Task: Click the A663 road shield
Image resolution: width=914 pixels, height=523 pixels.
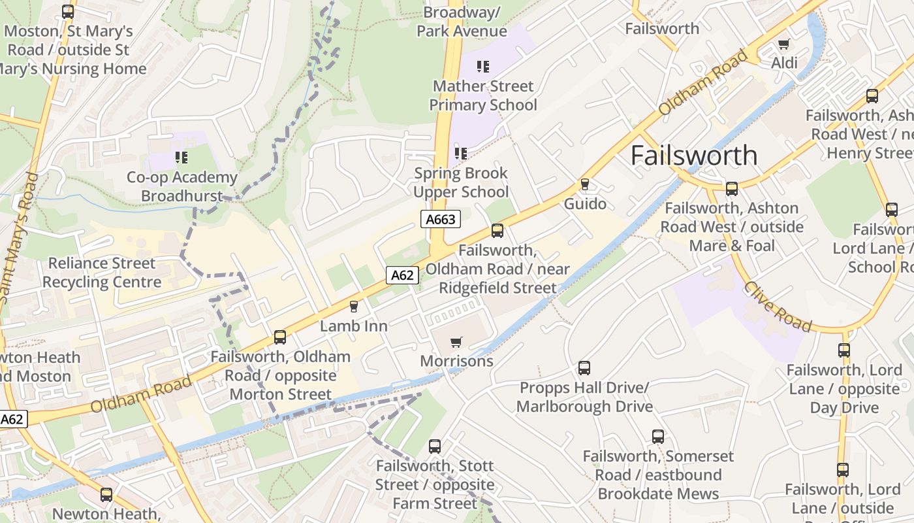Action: pyautogui.click(x=441, y=219)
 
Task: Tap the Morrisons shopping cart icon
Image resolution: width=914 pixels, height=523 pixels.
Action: pyautogui.click(x=456, y=342)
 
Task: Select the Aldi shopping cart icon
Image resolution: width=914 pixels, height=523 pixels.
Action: pyautogui.click(x=783, y=44)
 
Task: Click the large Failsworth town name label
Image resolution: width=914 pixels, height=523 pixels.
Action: pyautogui.click(x=694, y=156)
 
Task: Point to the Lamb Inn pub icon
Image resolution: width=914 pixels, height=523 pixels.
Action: pyautogui.click(x=354, y=307)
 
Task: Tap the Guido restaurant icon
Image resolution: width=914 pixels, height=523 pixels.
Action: pyautogui.click(x=585, y=184)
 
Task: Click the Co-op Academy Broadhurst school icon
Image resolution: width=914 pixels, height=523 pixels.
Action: pyautogui.click(x=181, y=158)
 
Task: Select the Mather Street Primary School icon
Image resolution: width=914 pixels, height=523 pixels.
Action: pyautogui.click(x=483, y=66)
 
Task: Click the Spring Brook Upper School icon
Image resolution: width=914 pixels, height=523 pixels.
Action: pyautogui.click(x=461, y=154)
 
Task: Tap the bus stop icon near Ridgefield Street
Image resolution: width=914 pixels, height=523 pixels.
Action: pyautogui.click(x=497, y=231)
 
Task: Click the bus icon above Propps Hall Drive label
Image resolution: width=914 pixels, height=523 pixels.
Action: pyautogui.click(x=584, y=368)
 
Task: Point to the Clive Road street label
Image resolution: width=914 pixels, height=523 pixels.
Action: pyautogui.click(x=778, y=307)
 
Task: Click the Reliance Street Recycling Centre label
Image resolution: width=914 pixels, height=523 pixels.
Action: pyautogui.click(x=102, y=273)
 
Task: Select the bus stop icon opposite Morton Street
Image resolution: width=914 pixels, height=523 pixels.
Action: pyautogui.click(x=280, y=337)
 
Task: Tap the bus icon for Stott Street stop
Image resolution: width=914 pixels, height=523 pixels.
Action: pyautogui.click(x=435, y=447)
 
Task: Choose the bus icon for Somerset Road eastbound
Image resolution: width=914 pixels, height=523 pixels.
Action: pyautogui.click(x=658, y=437)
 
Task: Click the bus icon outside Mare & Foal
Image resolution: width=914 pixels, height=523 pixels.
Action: pyautogui.click(x=732, y=189)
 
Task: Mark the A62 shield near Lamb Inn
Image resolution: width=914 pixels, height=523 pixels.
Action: pyautogui.click(x=402, y=275)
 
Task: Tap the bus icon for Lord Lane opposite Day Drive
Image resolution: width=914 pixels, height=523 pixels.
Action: pyautogui.click(x=844, y=350)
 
